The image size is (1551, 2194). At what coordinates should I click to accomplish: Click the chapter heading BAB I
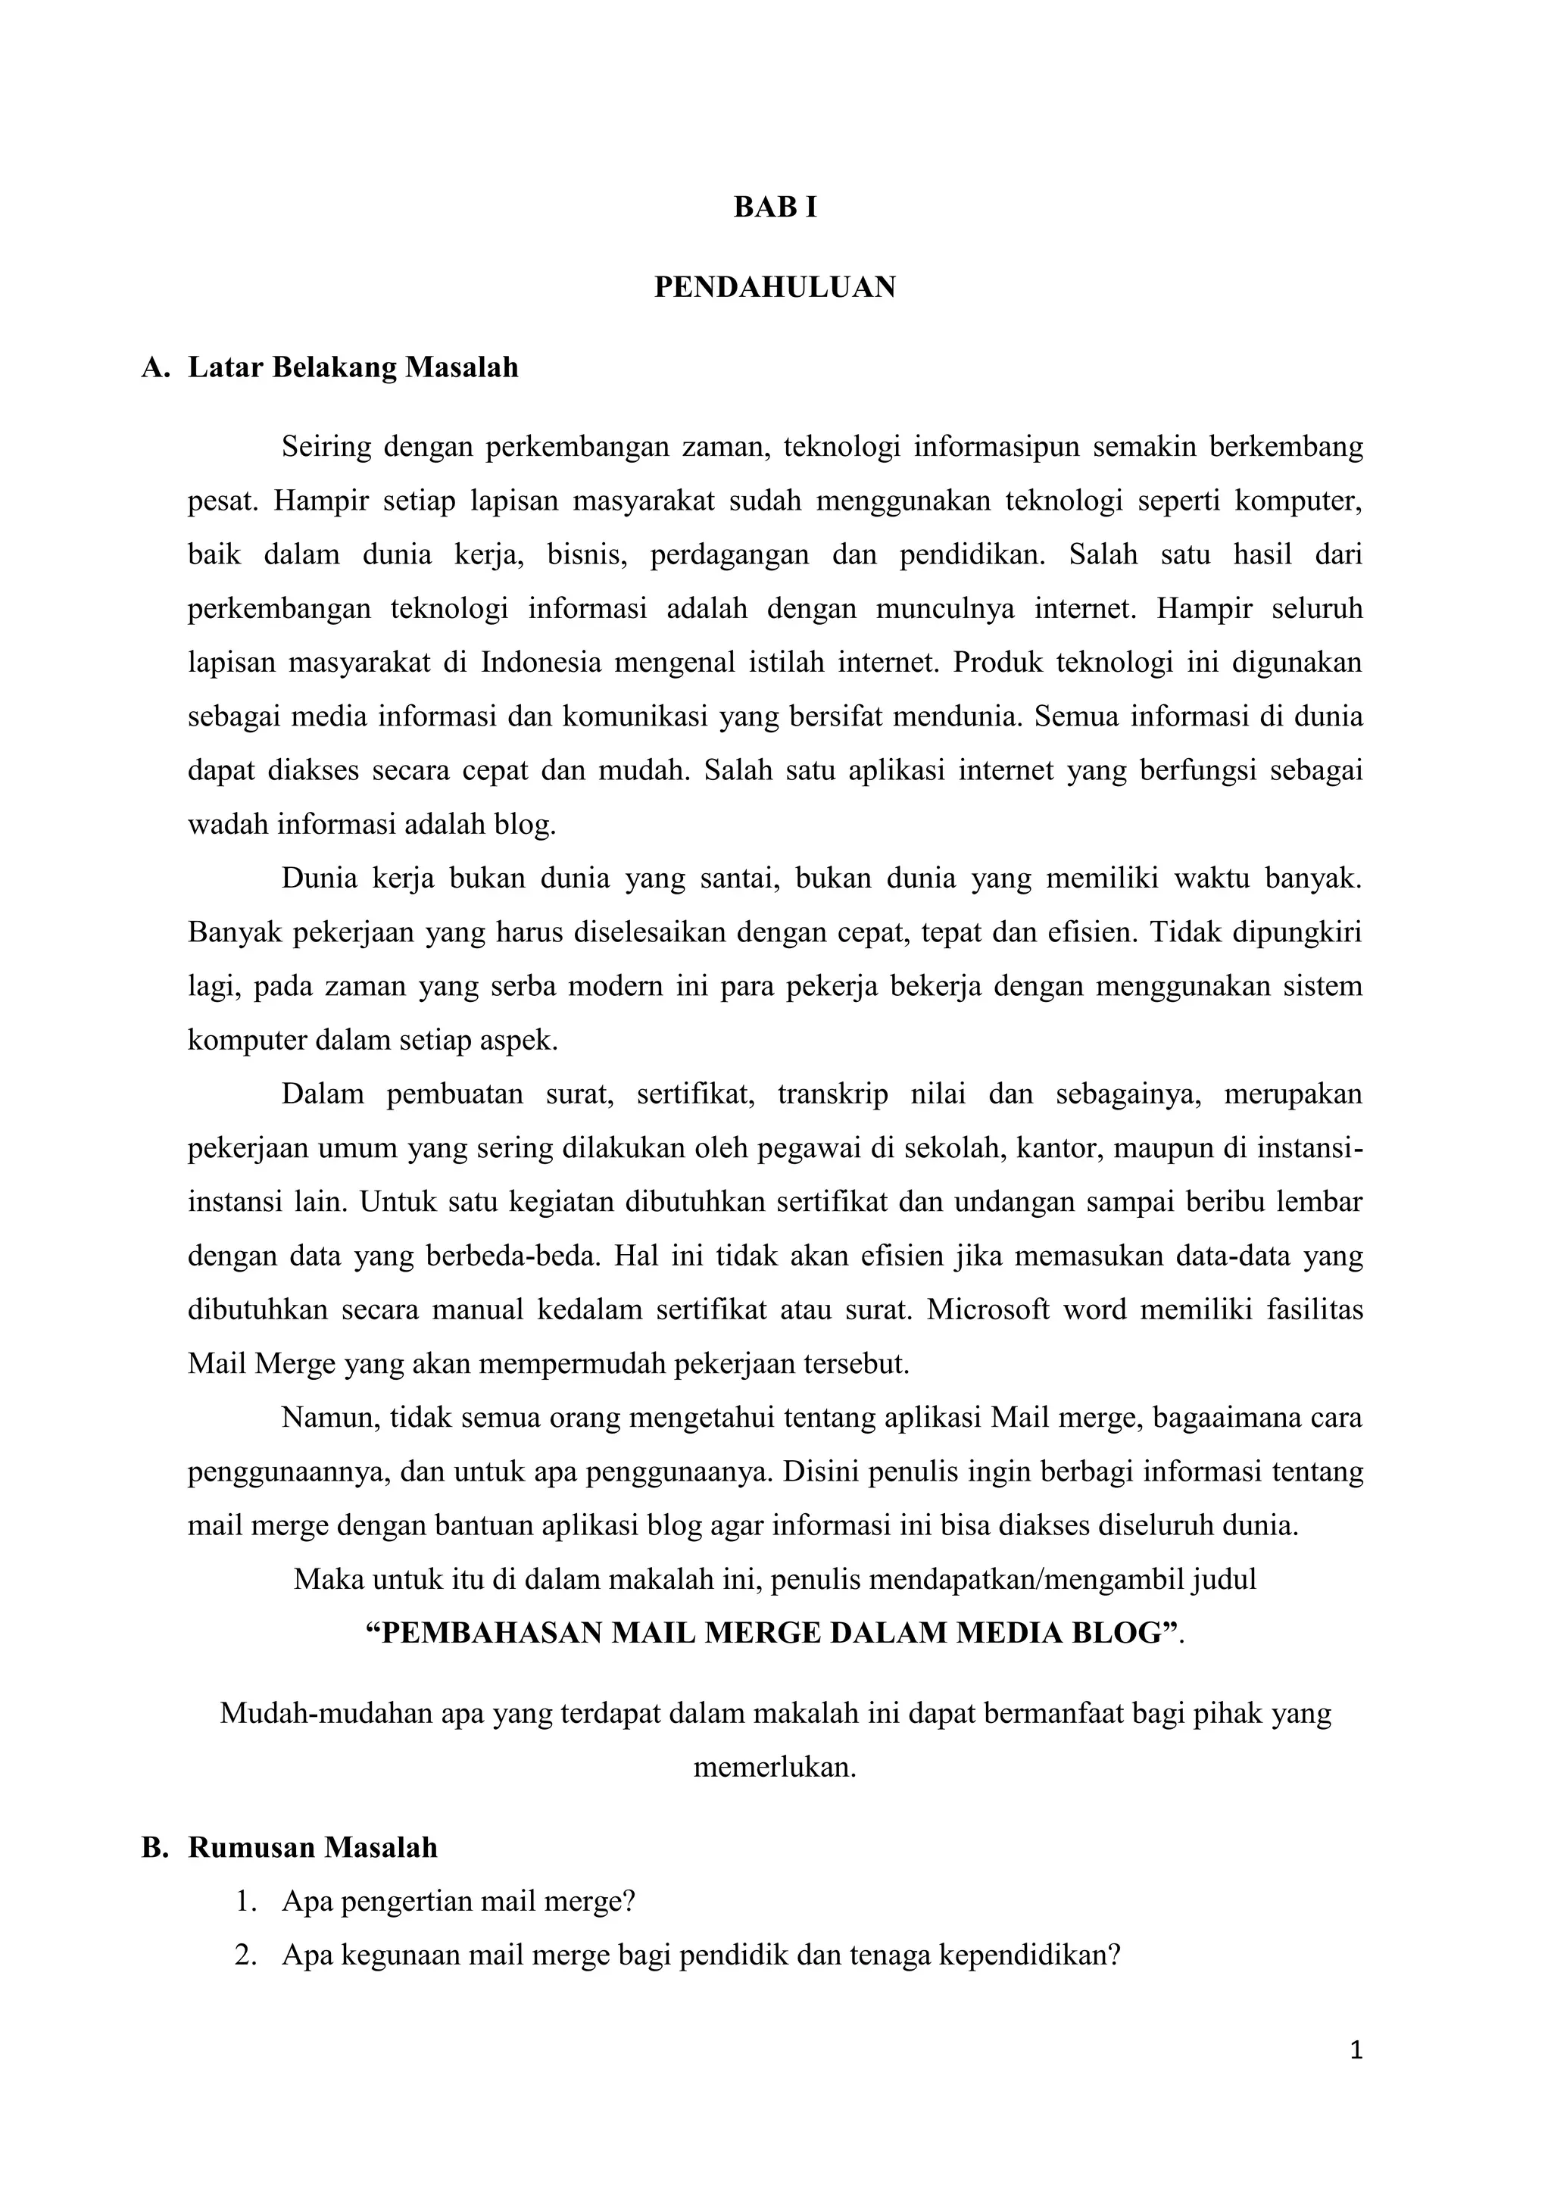pos(775,208)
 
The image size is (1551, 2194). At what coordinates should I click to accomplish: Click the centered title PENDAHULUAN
pos(775,287)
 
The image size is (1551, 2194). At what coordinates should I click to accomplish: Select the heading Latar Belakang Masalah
pos(353,367)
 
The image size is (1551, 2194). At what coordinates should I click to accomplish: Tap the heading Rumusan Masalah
pos(313,1847)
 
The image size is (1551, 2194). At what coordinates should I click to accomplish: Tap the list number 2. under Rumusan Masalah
pos(245,1955)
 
